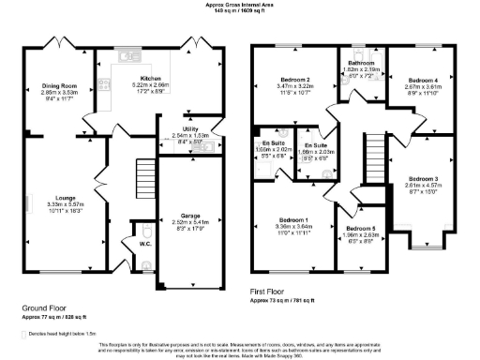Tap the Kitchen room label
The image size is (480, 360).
pos(151,79)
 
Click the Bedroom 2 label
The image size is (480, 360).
pos(294,80)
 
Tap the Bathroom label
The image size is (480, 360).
pos(360,62)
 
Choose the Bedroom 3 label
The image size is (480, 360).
pos(423,178)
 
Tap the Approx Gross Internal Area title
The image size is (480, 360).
pos(240,5)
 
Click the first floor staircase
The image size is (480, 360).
pos(374,151)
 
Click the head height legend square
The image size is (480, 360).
pos(26,332)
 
